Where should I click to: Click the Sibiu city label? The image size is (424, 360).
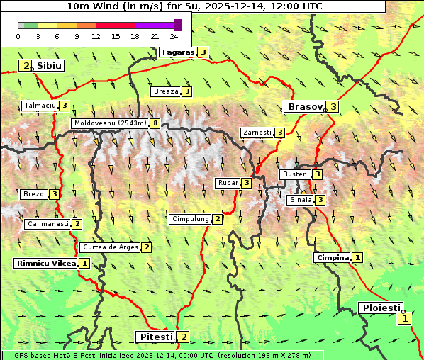click(49, 65)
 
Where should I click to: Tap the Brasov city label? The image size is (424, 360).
click(303, 106)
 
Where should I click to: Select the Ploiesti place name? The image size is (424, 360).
click(381, 308)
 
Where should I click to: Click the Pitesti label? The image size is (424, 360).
click(155, 337)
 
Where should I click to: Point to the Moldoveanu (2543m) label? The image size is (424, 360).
click(110, 123)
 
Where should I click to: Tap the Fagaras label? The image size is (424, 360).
click(177, 52)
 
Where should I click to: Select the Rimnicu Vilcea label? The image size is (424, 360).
click(45, 263)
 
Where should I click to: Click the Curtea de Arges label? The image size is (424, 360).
click(109, 247)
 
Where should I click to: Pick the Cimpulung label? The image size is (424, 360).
click(190, 219)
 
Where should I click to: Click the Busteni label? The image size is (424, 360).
click(295, 174)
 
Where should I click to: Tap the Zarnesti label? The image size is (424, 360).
click(257, 133)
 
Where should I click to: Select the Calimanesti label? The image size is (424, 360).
click(48, 223)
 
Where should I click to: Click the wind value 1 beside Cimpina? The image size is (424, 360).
click(357, 257)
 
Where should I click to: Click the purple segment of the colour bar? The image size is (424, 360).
click(154, 25)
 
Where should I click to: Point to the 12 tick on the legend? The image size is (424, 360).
click(96, 36)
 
